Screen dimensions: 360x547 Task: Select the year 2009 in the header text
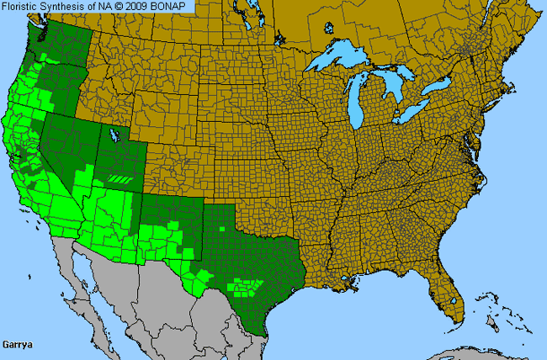(143, 7)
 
